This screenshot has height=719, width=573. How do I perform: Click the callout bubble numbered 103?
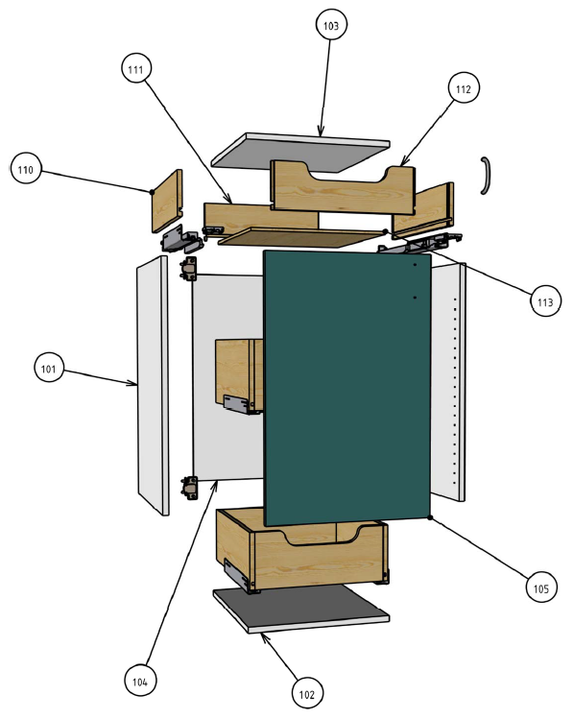click(331, 25)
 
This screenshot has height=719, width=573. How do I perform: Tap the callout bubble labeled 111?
click(136, 69)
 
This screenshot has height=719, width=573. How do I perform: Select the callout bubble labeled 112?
click(464, 88)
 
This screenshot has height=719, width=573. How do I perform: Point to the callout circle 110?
click(26, 169)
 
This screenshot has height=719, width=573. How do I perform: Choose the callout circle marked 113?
click(545, 301)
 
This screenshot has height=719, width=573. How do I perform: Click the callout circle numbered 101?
click(49, 368)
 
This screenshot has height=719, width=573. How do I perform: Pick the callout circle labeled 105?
click(541, 587)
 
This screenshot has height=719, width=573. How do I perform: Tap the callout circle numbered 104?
click(140, 681)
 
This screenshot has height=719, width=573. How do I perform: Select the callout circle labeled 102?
click(307, 694)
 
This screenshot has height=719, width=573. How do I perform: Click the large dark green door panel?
click(347, 388)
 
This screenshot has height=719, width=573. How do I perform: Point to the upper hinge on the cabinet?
click(189, 268)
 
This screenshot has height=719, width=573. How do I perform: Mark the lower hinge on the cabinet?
click(190, 488)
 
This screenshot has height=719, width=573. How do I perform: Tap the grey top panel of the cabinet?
click(300, 153)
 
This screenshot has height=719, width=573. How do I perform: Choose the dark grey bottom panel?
click(301, 608)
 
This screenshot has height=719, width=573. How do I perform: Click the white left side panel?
click(153, 385)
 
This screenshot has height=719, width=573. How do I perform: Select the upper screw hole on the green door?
click(415, 265)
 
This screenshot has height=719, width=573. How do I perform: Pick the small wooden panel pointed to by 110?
click(167, 201)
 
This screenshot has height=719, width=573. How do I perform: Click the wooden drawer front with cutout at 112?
click(343, 187)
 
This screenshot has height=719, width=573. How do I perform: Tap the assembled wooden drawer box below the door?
click(302, 550)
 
